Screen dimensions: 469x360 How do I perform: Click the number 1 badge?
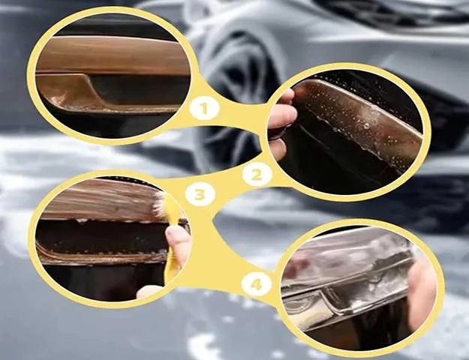pos(204,108)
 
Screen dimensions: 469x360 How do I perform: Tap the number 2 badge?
pos(257,175)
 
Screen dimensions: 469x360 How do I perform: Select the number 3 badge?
pos(200,195)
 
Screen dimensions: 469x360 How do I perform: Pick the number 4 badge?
pos(257,284)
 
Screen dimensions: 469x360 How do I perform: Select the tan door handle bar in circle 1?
pos(113,55)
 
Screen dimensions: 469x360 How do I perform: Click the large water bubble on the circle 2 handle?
pos(366,126)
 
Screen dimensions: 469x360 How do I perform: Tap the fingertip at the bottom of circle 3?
pos(149,292)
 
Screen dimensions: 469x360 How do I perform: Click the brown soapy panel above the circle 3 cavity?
pos(102,199)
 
